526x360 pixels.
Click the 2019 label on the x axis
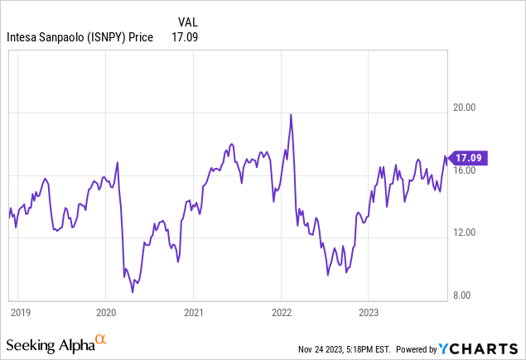[x=20, y=312]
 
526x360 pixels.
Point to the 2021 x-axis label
[x=193, y=312]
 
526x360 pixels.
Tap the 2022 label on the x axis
[x=281, y=312]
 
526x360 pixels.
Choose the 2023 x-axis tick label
[x=368, y=312]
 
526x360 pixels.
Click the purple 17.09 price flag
[x=469, y=156]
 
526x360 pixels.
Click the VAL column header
[x=188, y=22]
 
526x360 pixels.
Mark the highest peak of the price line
[x=291, y=114]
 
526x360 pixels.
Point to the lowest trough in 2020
[x=133, y=291]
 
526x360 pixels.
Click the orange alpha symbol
[x=100, y=339]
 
